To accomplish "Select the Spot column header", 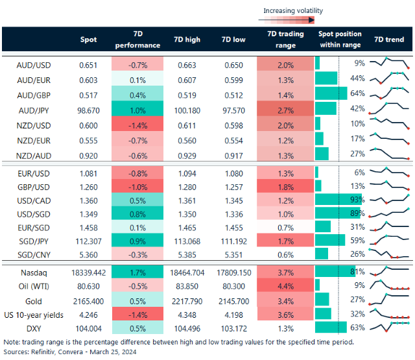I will (88, 40).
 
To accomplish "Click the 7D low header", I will (234, 40).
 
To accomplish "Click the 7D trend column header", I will (389, 40).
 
